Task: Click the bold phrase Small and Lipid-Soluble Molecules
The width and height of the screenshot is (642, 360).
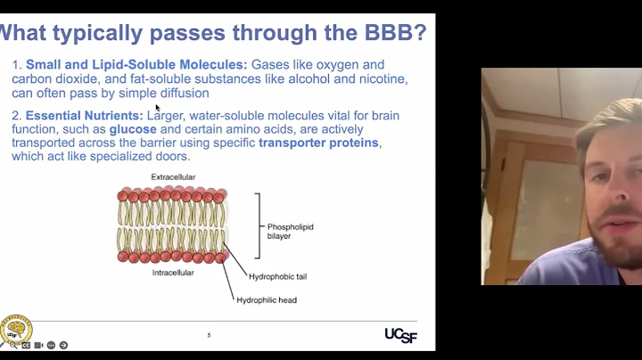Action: pyautogui.click(x=136, y=65)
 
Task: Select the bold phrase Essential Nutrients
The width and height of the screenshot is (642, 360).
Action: pyautogui.click(x=84, y=116)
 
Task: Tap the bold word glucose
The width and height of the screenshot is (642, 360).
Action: pyautogui.click(x=133, y=129)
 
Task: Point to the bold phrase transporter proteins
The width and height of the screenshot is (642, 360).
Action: pyautogui.click(x=318, y=143)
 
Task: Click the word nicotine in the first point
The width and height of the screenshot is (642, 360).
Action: pyautogui.click(x=381, y=78)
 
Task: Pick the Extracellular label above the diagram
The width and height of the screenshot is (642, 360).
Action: pyautogui.click(x=173, y=177)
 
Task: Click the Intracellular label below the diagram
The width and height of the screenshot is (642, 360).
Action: pyautogui.click(x=173, y=273)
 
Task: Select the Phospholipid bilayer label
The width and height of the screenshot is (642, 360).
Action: pyautogui.click(x=290, y=232)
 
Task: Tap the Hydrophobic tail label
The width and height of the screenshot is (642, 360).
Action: pyautogui.click(x=277, y=277)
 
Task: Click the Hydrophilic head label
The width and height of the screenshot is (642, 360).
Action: pyautogui.click(x=266, y=300)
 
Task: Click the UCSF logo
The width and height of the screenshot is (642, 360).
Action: pyautogui.click(x=400, y=334)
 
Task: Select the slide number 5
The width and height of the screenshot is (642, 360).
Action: pyautogui.click(x=209, y=335)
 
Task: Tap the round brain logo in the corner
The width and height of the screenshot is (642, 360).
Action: pyautogui.click(x=15, y=328)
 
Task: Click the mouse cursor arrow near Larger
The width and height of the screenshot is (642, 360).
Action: pyautogui.click(x=158, y=108)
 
